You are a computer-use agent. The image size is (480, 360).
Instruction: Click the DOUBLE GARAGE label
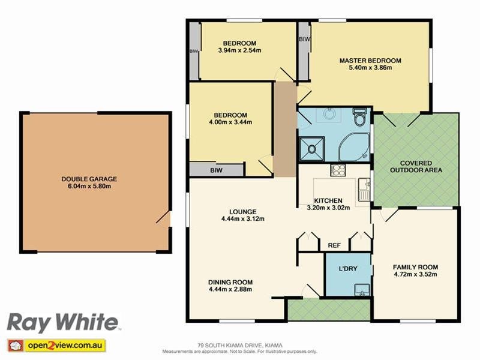tap(89, 179)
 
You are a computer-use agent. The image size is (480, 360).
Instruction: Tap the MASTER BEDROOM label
tap(370, 61)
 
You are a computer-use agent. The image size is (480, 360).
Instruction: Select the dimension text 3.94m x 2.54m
tap(239, 50)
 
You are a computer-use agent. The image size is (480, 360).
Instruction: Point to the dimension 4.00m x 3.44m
tap(230, 122)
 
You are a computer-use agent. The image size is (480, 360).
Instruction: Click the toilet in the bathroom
tap(360, 117)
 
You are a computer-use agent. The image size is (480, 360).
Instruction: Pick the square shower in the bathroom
tap(311, 148)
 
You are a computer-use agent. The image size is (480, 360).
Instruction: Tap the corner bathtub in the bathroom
tap(353, 148)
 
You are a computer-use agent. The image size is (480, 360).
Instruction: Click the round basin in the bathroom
tap(329, 113)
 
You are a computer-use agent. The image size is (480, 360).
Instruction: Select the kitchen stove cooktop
tap(338, 170)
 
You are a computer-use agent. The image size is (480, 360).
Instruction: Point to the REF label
tap(334, 245)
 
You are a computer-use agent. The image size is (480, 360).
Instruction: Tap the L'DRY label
tap(348, 269)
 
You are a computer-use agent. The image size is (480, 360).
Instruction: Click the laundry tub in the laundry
tap(361, 290)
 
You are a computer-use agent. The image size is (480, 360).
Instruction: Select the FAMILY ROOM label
tap(415, 267)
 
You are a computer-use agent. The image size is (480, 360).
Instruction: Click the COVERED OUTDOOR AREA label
tap(416, 166)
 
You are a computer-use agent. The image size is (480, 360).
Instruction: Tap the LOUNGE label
tap(242, 211)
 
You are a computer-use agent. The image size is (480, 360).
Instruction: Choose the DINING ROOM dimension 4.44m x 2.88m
tap(230, 290)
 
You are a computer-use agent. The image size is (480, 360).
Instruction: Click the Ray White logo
tap(62, 323)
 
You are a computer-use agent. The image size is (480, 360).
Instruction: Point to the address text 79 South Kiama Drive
tap(239, 345)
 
